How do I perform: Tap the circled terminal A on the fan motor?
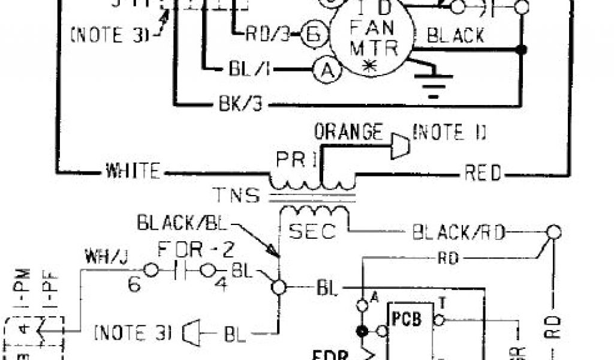327,71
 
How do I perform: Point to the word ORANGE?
348,131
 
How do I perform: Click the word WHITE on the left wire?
133,172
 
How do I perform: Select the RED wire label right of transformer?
483,173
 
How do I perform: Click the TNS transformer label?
236,196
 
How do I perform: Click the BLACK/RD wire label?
459,232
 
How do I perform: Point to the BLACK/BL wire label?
183,223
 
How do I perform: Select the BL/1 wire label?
247,69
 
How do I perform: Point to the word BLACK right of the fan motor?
456,35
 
